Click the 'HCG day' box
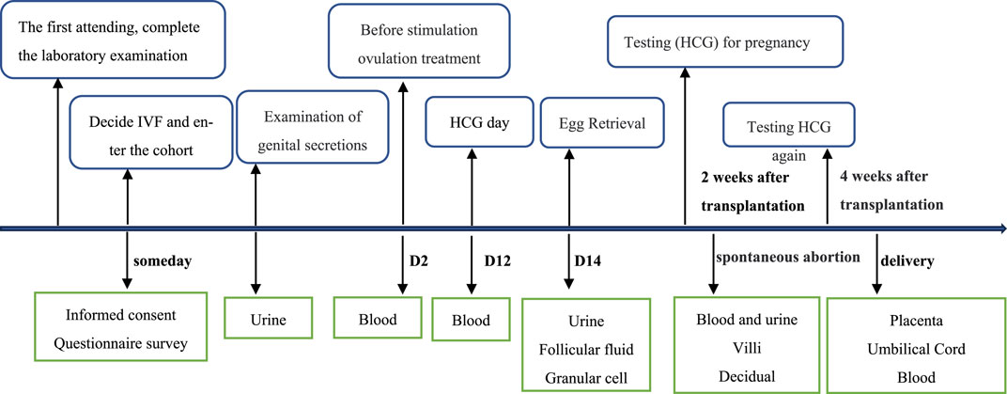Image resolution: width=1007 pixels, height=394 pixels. coord(480,122)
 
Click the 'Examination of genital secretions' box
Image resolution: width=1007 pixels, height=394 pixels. coord(313,126)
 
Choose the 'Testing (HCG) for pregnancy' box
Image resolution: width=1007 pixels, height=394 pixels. coord(724,42)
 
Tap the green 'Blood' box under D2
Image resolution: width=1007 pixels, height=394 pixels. coord(379,318)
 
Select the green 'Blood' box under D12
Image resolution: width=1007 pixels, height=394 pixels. coord(472,320)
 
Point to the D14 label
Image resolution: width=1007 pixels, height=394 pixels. coord(588,261)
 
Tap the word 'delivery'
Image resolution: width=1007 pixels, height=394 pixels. coord(908,261)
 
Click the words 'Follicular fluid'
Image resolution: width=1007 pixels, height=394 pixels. coord(586,351)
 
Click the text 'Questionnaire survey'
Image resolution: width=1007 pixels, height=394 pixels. coord(121,344)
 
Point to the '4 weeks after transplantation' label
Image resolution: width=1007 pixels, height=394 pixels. coord(891,191)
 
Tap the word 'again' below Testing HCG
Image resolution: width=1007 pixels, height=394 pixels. coord(789,156)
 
